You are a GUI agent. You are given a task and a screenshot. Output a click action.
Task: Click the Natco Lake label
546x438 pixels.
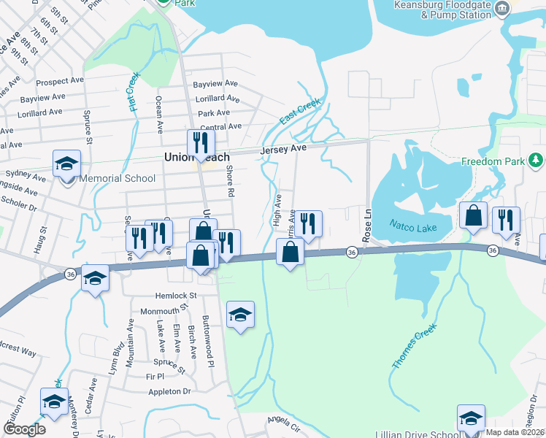pos(412,228)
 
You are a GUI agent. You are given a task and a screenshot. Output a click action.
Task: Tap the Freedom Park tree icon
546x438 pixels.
pos(536,159)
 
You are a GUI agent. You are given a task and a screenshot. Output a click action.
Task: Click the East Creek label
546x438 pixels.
pos(299,111)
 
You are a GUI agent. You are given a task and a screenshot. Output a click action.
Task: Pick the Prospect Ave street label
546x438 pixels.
pos(57,81)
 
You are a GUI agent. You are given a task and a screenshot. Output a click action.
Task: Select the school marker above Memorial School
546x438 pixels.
pos(66,164)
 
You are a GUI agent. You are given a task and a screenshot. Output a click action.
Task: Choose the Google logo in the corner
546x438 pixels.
pos(24,429)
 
